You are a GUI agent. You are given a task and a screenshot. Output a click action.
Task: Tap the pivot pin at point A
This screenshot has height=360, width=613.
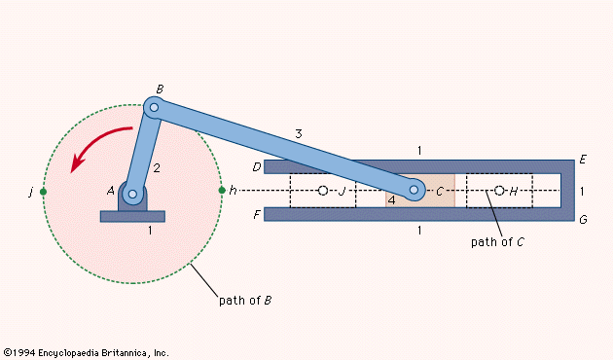pyautogui.click(x=133, y=195)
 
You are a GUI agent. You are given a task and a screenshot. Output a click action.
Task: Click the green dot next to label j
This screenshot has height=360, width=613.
pyautogui.click(x=43, y=191)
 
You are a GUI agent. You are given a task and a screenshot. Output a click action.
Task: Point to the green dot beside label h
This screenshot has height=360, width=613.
pyautogui.click(x=222, y=191)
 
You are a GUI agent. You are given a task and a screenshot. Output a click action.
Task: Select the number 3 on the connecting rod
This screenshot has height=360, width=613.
pyautogui.click(x=300, y=133)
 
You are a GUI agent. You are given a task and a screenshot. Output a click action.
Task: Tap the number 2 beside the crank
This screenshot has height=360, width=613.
pyautogui.click(x=156, y=168)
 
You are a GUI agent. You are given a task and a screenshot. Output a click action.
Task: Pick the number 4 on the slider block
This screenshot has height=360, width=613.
pyautogui.click(x=391, y=199)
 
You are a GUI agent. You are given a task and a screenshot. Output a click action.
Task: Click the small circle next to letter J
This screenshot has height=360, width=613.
pyautogui.click(x=323, y=191)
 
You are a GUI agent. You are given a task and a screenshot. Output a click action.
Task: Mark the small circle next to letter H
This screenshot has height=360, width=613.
pyautogui.click(x=499, y=191)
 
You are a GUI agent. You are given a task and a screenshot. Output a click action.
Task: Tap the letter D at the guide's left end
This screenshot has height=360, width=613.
pyautogui.click(x=257, y=167)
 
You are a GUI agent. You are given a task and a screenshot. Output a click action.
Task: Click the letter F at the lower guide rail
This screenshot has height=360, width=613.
pyautogui.click(x=257, y=214)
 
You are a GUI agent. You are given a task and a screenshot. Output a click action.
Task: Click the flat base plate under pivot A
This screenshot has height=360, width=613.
pyautogui.click(x=133, y=216)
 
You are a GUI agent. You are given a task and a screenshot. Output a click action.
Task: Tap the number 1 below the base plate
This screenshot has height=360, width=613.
pyautogui.click(x=150, y=232)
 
